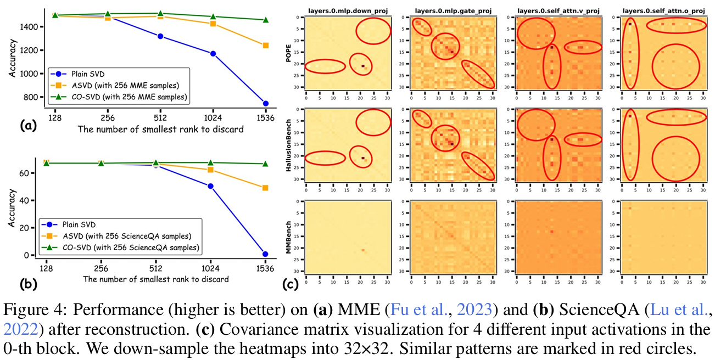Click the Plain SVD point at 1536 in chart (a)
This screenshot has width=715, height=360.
[x=265, y=103]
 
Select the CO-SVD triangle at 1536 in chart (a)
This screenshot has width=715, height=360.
[x=265, y=20]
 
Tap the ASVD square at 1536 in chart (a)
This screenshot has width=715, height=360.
[x=265, y=46]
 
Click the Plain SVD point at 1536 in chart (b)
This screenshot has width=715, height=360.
[x=265, y=254]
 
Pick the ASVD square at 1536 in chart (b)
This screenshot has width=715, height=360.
[x=265, y=188]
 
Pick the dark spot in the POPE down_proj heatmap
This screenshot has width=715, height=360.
[x=363, y=66]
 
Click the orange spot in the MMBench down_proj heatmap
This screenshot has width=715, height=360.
[x=363, y=250]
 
